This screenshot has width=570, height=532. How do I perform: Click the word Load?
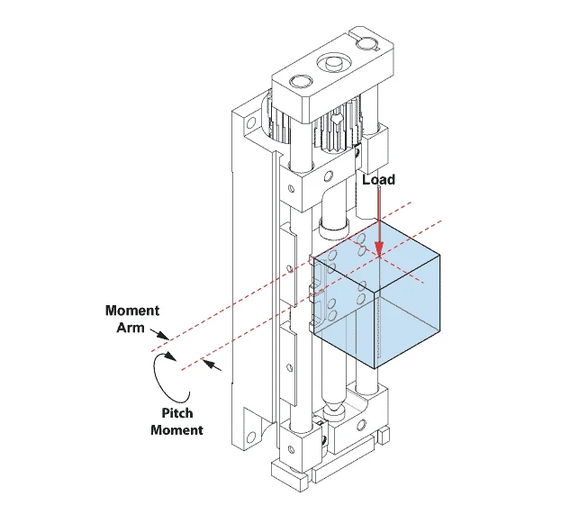click(x=378, y=180)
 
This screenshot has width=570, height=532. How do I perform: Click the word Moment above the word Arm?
click(x=132, y=311)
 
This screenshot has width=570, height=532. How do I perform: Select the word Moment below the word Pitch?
click(x=176, y=430)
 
